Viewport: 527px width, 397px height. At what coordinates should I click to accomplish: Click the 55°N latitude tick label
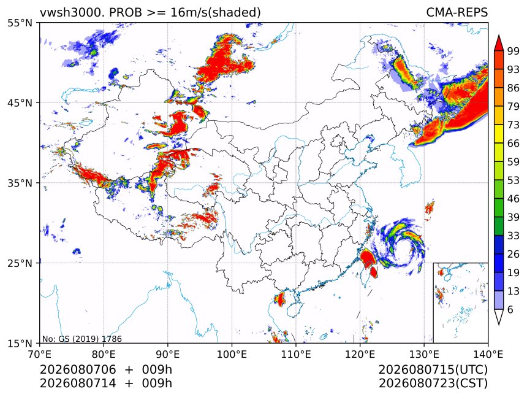pyautogui.click(x=20, y=23)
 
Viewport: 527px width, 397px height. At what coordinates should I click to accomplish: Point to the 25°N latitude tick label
pyautogui.click(x=20, y=263)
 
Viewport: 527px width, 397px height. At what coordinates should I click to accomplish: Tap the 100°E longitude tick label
pyautogui.click(x=232, y=354)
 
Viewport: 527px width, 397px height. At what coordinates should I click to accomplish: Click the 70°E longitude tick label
pyautogui.click(x=40, y=354)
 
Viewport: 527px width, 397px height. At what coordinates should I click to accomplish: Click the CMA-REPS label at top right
pyautogui.click(x=457, y=12)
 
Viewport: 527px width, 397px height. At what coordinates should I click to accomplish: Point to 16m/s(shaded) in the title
pyautogui.click(x=216, y=12)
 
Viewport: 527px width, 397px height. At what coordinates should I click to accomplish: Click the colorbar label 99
pyautogui.click(x=514, y=51)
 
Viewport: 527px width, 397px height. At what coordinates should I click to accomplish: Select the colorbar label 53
pyautogui.click(x=514, y=180)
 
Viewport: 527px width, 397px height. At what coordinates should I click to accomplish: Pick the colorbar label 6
pyautogui.click(x=510, y=309)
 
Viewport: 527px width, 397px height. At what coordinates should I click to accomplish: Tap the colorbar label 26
pyautogui.click(x=514, y=254)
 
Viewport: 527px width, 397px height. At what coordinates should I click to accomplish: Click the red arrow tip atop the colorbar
pyautogui.click(x=498, y=36)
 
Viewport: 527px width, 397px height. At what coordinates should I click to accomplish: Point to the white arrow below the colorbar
pyautogui.click(x=498, y=317)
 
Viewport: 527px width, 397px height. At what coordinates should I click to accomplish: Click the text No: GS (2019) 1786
pyautogui.click(x=82, y=339)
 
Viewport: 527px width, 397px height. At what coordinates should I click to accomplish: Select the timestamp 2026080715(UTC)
pyautogui.click(x=433, y=370)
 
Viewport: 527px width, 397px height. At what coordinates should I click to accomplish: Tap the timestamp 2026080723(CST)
pyautogui.click(x=433, y=384)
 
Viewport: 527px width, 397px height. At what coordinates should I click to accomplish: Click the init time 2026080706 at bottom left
pyautogui.click(x=78, y=370)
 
